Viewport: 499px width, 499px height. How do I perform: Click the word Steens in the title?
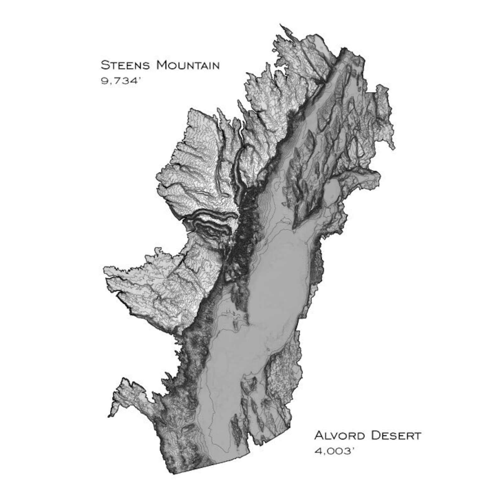point(126,65)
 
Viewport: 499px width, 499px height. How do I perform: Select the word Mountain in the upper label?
point(188,65)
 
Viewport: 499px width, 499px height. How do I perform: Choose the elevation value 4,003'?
point(335,451)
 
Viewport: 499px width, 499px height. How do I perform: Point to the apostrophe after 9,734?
point(137,79)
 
